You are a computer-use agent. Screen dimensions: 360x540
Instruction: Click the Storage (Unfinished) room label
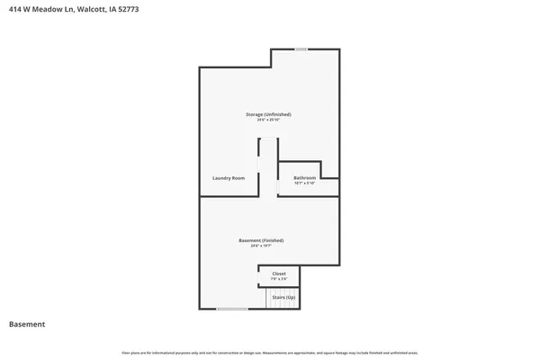point(269,114)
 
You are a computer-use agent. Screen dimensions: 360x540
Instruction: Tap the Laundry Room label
point(229,178)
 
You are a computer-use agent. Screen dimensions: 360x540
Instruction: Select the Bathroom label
point(305,178)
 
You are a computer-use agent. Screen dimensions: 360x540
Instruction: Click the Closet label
point(279,274)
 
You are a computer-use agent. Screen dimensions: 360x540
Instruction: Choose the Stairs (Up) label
point(283,297)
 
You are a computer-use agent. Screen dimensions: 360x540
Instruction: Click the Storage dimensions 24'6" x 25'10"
point(269,120)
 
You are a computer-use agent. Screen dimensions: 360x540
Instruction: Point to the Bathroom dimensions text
point(305,184)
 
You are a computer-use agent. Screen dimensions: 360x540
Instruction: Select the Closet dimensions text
point(279,279)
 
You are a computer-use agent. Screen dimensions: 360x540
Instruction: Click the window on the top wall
point(301,49)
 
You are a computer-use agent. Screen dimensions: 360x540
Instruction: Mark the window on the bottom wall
point(232,309)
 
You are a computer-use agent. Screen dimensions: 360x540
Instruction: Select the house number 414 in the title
point(15,8)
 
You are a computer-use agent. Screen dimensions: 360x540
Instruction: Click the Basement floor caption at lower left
point(27,324)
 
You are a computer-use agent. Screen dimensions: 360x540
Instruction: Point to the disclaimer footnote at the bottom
point(269,352)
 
